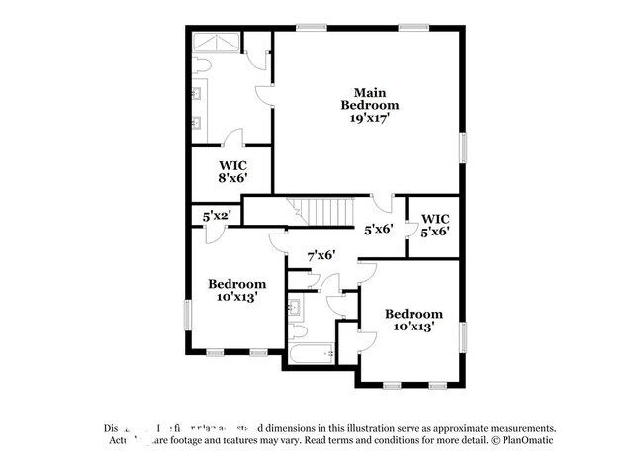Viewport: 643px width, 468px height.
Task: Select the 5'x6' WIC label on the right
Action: [x=435, y=224]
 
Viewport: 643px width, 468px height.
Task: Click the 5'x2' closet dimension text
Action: [x=217, y=214]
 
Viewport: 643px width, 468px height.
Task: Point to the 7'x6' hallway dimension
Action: [x=321, y=255]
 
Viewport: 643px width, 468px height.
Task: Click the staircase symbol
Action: [x=322, y=212]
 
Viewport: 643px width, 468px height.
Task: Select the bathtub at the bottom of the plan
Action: [x=315, y=354]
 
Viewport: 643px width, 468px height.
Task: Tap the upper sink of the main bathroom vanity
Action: [x=198, y=95]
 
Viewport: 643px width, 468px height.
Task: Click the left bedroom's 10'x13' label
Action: [x=236, y=290]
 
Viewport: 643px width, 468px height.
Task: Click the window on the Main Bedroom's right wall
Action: [x=461, y=145]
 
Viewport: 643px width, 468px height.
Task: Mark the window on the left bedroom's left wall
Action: [x=187, y=316]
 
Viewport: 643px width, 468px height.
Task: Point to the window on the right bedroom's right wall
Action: [x=461, y=336]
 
